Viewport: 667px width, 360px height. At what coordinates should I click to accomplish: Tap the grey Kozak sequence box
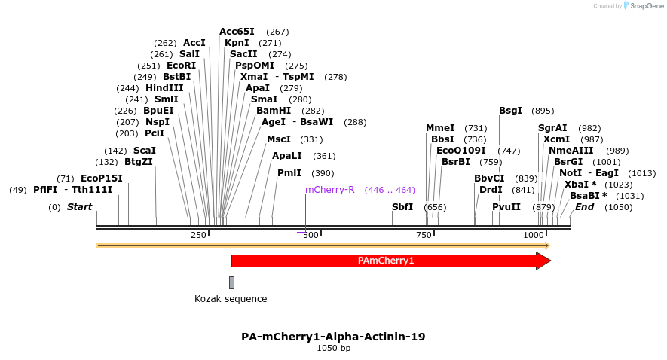[x=231, y=282]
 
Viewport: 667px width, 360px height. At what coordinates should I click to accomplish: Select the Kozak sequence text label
[x=231, y=299]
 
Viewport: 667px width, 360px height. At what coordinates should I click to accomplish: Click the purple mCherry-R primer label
[x=330, y=190]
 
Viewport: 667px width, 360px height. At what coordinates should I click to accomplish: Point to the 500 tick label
[x=311, y=236]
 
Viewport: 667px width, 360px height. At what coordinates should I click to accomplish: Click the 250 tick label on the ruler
[x=198, y=236]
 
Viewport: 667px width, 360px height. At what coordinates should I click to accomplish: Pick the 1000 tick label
[x=534, y=236]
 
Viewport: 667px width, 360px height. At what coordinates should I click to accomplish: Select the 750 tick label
[x=423, y=236]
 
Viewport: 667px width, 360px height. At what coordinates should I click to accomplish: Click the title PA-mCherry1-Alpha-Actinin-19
[x=333, y=337]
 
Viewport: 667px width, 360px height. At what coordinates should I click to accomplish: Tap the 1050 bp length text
[x=333, y=349]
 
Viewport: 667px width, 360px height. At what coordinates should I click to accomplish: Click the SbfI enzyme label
[x=402, y=207]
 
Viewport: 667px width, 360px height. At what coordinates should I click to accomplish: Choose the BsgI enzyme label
[x=510, y=111]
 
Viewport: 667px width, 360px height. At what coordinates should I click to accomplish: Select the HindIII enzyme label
[x=164, y=88]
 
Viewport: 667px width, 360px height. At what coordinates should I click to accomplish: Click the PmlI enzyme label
[x=289, y=173]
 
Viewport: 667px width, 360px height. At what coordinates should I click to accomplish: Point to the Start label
[x=79, y=207]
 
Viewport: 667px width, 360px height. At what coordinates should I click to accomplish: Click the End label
[x=585, y=207]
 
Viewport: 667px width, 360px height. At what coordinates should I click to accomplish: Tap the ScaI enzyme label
[x=145, y=151]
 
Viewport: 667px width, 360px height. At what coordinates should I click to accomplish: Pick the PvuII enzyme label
[x=506, y=207]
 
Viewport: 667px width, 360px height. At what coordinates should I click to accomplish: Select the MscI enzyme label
[x=279, y=139]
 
